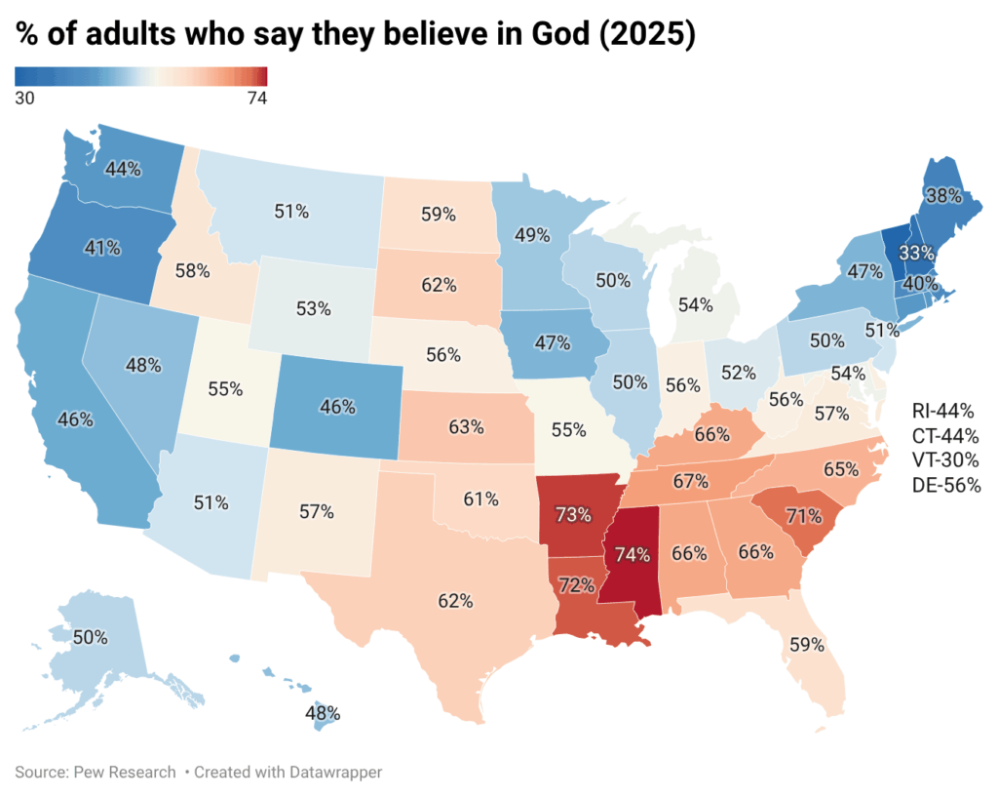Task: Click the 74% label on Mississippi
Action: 631,555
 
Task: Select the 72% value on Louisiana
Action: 577,585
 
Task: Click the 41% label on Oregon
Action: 101,248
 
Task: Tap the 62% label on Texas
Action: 455,601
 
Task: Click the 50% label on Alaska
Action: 90,637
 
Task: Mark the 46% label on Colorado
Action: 337,408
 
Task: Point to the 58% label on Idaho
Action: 192,270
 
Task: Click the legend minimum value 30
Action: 25,98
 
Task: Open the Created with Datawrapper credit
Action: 288,772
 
